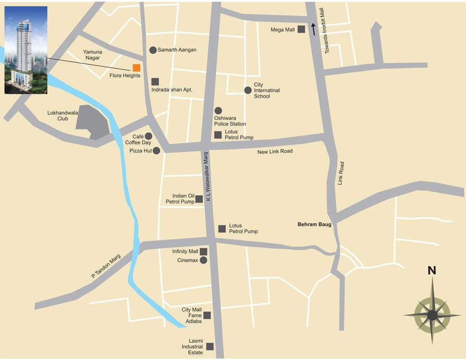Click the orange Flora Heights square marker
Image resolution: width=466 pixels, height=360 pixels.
pyautogui.click(x=136, y=67)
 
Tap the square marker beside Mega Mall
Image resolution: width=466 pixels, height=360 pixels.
pyautogui.click(x=301, y=30)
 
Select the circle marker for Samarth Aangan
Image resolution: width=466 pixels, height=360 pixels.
pyautogui.click(x=153, y=50)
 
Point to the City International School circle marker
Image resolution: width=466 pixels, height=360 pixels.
pyautogui.click(x=248, y=90)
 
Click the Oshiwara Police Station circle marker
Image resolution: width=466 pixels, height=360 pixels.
pyautogui.click(x=218, y=111)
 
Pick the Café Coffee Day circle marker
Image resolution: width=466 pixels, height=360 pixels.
pyautogui.click(x=148, y=136)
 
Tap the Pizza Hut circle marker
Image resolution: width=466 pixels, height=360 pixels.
pyautogui.click(x=156, y=150)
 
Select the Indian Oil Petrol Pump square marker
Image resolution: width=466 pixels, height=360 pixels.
pyautogui.click(x=199, y=199)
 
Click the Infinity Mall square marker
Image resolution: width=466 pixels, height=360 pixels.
pyautogui.click(x=204, y=252)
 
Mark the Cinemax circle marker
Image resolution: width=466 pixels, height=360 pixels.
pyautogui.click(x=203, y=260)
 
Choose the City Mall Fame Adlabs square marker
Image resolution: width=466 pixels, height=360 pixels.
pyautogui.click(x=207, y=315)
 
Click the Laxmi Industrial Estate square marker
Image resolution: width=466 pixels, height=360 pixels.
pyautogui.click(x=210, y=346)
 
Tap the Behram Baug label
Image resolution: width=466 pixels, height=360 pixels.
pyautogui.click(x=314, y=225)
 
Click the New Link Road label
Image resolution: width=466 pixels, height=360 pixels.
pyautogui.click(x=275, y=151)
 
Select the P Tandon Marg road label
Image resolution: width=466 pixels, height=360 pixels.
pyautogui.click(x=106, y=267)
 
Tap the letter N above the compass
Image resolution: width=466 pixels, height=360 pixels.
pyautogui.click(x=432, y=270)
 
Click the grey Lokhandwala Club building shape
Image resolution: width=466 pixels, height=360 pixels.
pyautogui.click(x=92, y=122)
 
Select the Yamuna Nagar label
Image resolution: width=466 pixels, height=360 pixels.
pyautogui.click(x=92, y=55)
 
